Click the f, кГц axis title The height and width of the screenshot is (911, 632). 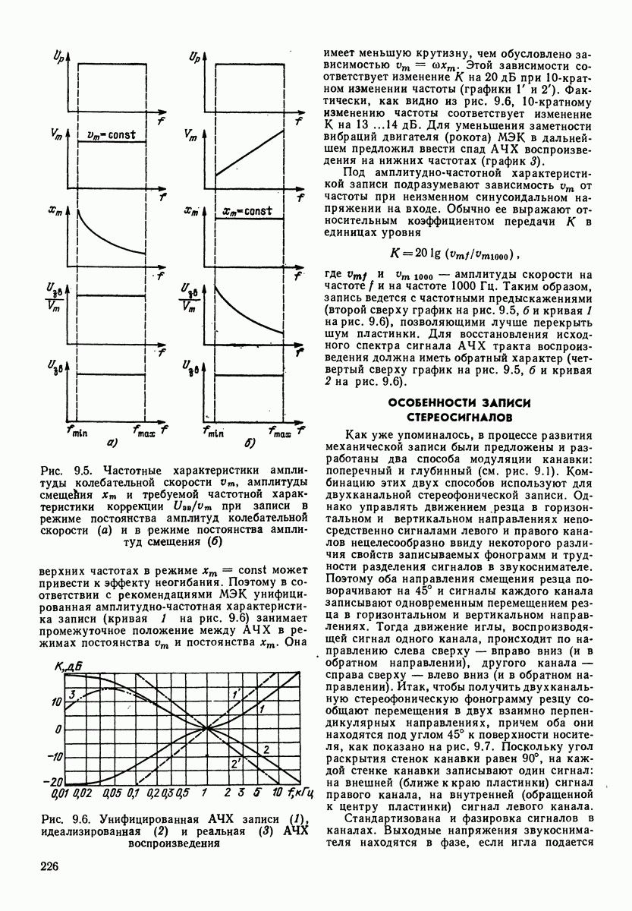tap(300, 795)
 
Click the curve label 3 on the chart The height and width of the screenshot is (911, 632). tap(71, 694)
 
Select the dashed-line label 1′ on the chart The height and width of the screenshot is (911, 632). tap(236, 693)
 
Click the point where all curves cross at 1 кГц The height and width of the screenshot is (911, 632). tap(206, 728)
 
